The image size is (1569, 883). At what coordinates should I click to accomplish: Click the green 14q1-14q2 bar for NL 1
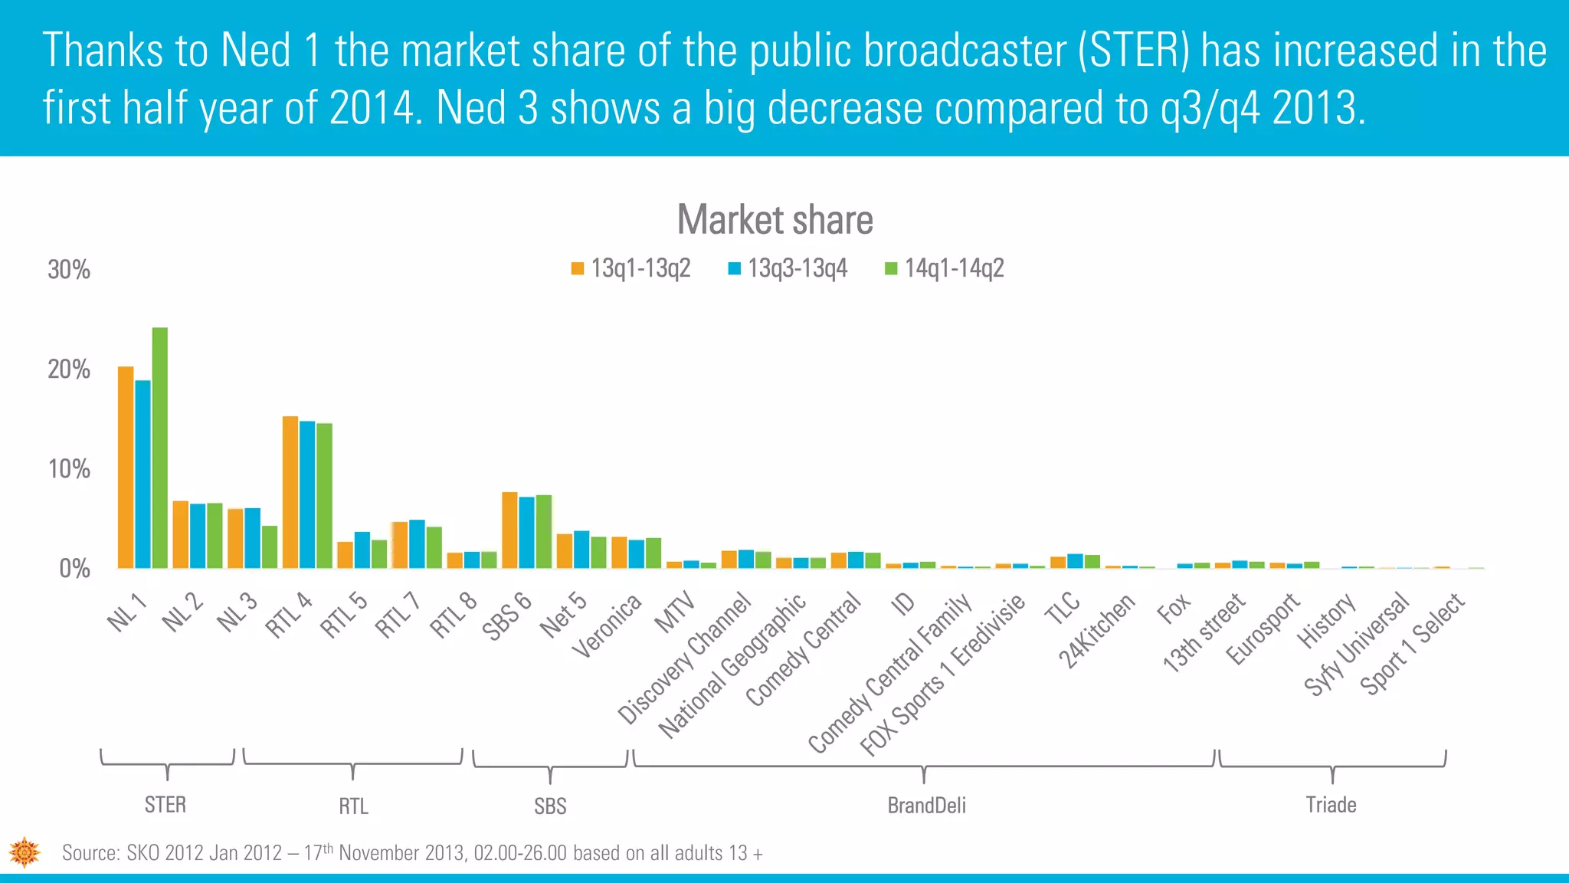pyautogui.click(x=160, y=448)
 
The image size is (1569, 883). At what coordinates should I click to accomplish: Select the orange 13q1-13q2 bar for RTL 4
pyautogui.click(x=290, y=492)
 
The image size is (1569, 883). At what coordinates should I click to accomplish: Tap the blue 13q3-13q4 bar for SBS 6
pyautogui.click(x=526, y=532)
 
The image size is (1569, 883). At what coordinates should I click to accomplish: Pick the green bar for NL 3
pyautogui.click(x=270, y=547)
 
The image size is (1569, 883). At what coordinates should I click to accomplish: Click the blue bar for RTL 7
pyautogui.click(x=417, y=543)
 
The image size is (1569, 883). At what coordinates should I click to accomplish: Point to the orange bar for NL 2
pyautogui.click(x=181, y=534)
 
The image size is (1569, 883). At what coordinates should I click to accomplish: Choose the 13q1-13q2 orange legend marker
pyautogui.click(x=578, y=269)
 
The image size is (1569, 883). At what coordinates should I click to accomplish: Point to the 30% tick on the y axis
pyautogui.click(x=69, y=270)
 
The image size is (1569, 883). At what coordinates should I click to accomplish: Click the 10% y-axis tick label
pyautogui.click(x=69, y=469)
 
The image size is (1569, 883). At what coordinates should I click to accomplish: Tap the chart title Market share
pyautogui.click(x=775, y=220)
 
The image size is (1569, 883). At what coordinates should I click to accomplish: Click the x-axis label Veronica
pyautogui.click(x=608, y=626)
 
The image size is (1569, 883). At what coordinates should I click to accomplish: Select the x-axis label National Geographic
pyautogui.click(x=732, y=665)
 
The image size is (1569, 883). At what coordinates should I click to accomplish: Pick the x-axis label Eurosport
pyautogui.click(x=1263, y=629)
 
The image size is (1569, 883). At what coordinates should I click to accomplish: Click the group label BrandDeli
pyautogui.click(x=926, y=806)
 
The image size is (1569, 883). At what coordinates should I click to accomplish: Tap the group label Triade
pyautogui.click(x=1331, y=805)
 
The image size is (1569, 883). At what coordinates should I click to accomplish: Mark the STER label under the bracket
pyautogui.click(x=165, y=805)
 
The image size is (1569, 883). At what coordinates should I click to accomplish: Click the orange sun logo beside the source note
pyautogui.click(x=25, y=852)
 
